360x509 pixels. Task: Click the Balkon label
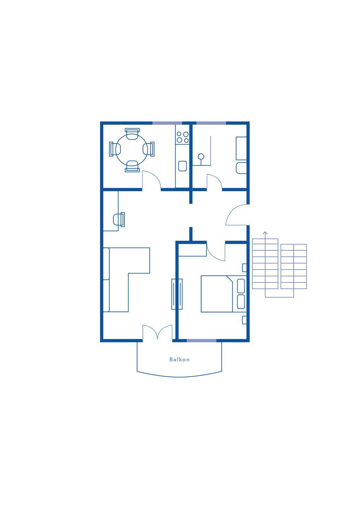(x=179, y=359)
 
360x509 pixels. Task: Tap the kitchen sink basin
(x=182, y=166)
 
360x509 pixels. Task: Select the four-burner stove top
(x=183, y=137)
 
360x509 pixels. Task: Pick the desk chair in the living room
(x=119, y=220)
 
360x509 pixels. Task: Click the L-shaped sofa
(x=126, y=280)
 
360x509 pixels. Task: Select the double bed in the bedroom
(x=223, y=294)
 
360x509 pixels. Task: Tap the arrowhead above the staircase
(x=265, y=233)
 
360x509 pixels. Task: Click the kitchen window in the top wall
(x=167, y=123)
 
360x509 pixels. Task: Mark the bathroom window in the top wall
(x=211, y=123)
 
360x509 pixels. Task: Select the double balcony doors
(x=157, y=332)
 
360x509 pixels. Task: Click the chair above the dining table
(x=132, y=134)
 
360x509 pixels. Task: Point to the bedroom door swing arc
(x=215, y=255)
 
